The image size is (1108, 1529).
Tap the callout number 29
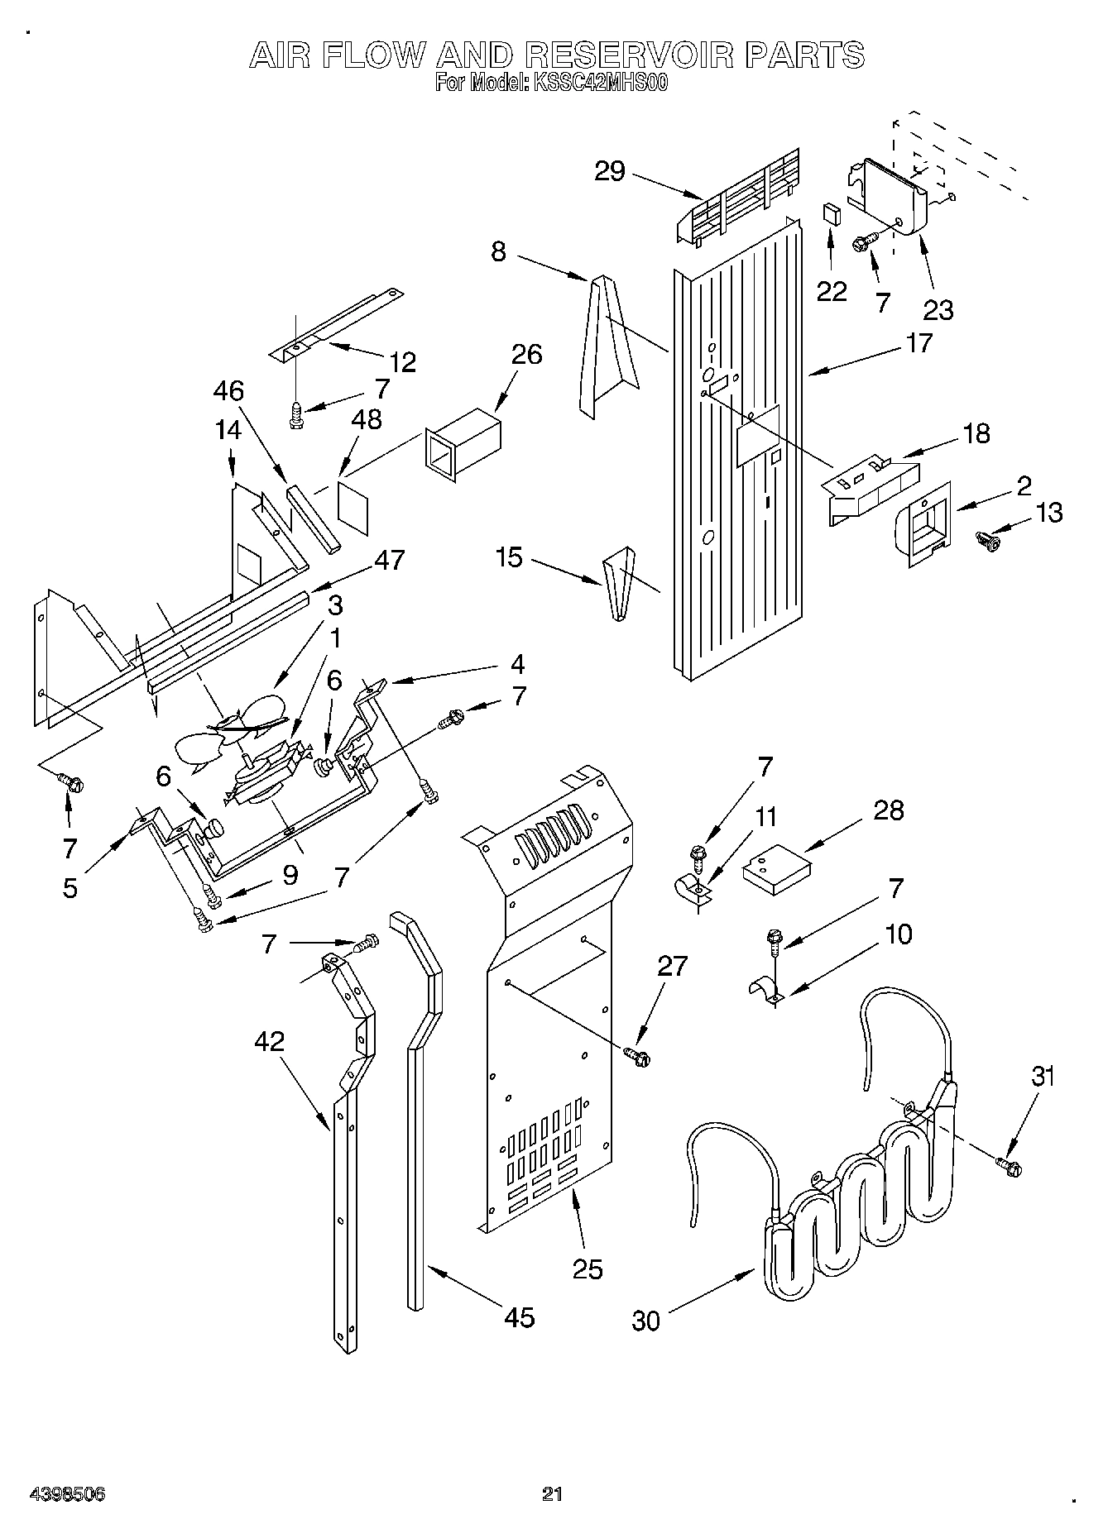[x=611, y=171]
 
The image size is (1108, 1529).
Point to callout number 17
[x=919, y=342]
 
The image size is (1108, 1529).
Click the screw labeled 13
[x=988, y=541]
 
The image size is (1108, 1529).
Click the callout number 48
[x=366, y=419]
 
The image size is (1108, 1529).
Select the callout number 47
[x=389, y=560]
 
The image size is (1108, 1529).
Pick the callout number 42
[x=269, y=1041]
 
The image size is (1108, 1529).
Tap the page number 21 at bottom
[x=552, y=1493]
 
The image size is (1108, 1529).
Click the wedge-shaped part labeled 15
[x=619, y=581]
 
